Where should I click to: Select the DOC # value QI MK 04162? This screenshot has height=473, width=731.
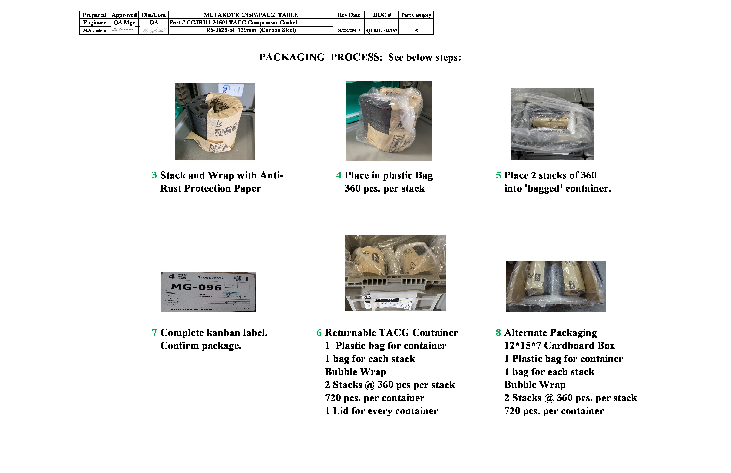coord(381,31)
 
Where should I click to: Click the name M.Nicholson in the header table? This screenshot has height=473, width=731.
coord(94,30)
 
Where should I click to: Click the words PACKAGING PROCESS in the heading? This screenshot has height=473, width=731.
coord(320,57)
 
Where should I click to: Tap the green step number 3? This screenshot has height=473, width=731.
coord(154,175)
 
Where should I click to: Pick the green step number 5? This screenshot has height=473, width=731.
coord(498,175)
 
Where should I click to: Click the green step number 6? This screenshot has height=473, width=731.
coord(319,333)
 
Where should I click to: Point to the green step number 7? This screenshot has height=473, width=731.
coord(154,333)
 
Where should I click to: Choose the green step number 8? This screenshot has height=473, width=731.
coord(498,333)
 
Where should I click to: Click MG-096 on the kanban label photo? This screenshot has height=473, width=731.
coord(196,287)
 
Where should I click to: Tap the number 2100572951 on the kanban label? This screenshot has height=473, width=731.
coord(211,278)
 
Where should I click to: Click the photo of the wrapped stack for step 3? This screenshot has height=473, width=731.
coord(215,122)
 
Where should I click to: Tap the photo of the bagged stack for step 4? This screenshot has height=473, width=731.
coord(388,121)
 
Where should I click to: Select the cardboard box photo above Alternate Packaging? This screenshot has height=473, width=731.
coord(555,286)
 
